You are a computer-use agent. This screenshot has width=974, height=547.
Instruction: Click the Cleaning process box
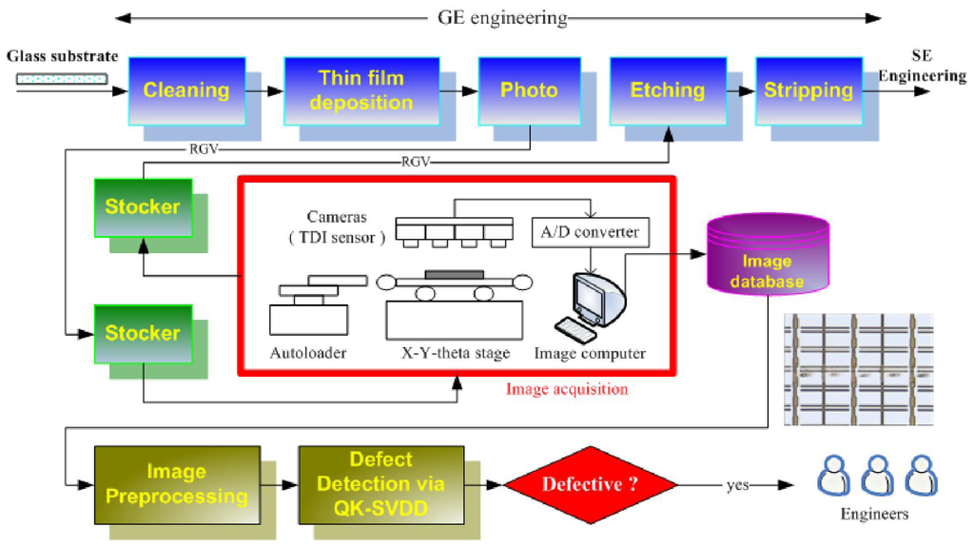pyautogui.click(x=185, y=90)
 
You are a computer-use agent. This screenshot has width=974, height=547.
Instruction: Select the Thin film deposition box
pyautogui.click(x=360, y=90)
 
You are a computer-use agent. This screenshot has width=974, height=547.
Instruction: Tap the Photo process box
pyautogui.click(x=529, y=90)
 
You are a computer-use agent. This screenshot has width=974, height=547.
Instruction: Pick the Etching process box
pyautogui.click(x=668, y=90)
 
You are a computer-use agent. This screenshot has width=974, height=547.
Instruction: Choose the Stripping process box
pyautogui.click(x=808, y=90)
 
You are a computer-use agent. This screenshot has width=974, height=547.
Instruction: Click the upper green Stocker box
pyautogui.click(x=143, y=206)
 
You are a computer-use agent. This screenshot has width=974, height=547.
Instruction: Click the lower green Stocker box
pyautogui.click(x=143, y=333)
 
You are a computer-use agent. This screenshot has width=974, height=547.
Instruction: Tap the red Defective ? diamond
pyautogui.click(x=583, y=484)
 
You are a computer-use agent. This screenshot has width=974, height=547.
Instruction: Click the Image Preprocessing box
pyautogui.click(x=176, y=483)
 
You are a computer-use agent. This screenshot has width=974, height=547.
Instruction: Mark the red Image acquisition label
pyautogui.click(x=566, y=389)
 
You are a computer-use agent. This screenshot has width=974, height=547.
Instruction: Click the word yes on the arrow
pyautogui.click(x=736, y=485)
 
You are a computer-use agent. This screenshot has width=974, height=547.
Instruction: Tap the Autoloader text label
pyautogui.click(x=307, y=354)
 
